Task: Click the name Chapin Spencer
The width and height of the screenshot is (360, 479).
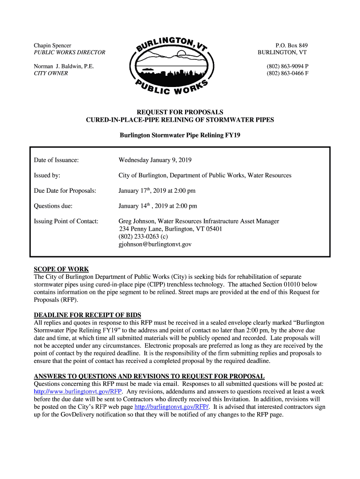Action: coord(52,45)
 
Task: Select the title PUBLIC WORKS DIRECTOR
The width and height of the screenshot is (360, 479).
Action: coord(69,52)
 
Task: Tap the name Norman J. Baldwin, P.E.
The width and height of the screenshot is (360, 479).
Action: coord(64,66)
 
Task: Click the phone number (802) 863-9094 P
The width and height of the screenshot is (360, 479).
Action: coord(288,66)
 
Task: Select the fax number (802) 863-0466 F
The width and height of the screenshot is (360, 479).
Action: coord(288,73)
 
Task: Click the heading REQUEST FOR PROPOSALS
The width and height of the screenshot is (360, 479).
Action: coord(180,112)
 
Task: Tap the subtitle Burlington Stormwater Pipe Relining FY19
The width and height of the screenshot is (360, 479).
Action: coord(180,136)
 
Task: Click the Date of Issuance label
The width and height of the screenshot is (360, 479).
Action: coord(56,160)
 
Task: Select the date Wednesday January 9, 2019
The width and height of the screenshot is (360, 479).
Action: coord(155,160)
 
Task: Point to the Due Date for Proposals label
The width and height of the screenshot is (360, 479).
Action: coord(65,191)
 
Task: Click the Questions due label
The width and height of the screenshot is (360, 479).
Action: coord(53,206)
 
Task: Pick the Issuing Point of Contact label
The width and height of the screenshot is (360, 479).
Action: coord(66,221)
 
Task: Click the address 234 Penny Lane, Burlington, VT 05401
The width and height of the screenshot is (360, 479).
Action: coord(171,229)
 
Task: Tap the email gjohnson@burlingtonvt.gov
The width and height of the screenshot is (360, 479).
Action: coord(155,244)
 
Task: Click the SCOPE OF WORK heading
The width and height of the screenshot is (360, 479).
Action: coord(61,269)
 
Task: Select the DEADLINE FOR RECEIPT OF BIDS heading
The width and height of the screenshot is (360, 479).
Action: coord(87,315)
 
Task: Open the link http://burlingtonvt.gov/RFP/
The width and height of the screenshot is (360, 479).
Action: coord(172,407)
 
